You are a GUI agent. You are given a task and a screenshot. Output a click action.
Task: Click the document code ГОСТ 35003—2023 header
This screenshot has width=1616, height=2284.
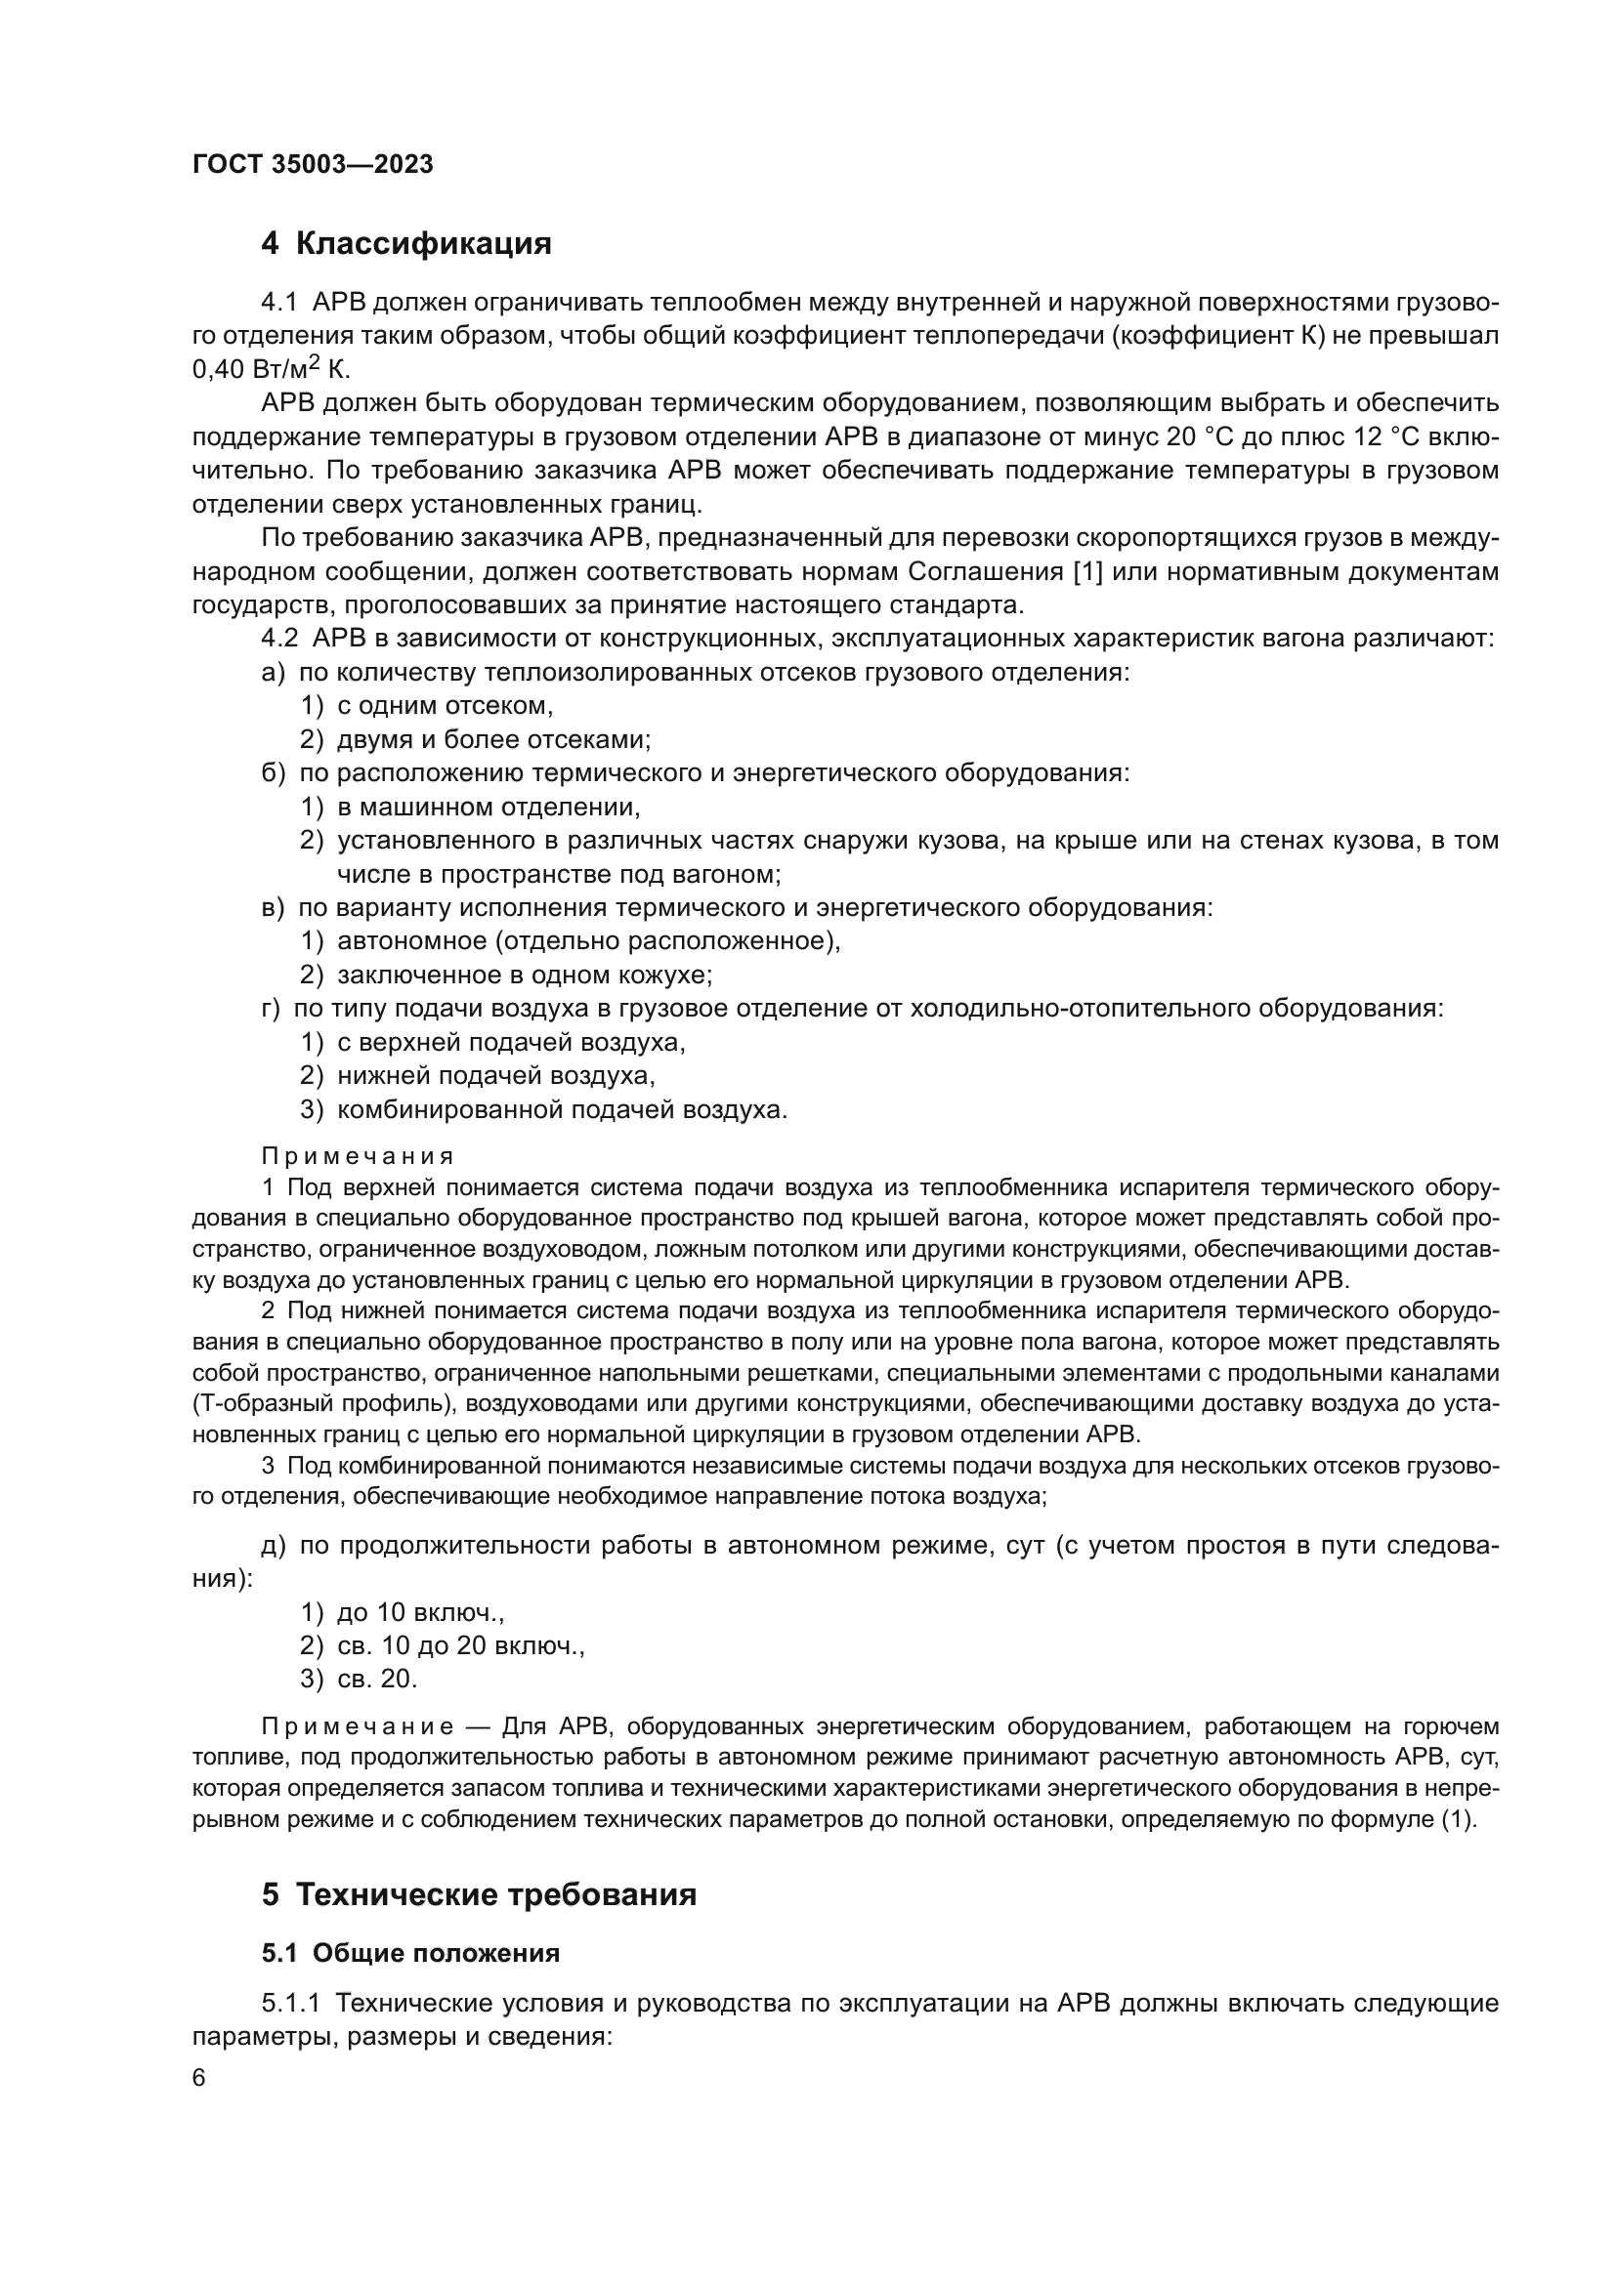coord(313,165)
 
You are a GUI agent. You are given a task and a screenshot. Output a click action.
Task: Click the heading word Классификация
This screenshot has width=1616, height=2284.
coord(423,243)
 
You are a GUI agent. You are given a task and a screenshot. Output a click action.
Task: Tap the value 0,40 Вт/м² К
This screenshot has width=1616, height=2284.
coord(271,370)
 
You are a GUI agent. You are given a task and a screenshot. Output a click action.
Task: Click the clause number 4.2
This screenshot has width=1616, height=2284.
coord(279,639)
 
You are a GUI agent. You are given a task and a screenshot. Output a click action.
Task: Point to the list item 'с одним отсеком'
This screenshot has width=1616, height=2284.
coord(445,706)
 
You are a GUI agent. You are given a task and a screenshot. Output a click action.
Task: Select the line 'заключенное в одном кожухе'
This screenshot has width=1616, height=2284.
coord(525,975)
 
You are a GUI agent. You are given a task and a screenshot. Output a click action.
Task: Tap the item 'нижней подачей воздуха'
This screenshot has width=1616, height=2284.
coord(495,1075)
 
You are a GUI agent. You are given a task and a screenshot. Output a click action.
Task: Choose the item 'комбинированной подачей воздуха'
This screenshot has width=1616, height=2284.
coord(561,1109)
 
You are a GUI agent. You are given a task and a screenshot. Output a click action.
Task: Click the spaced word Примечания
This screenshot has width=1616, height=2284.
coord(359,1156)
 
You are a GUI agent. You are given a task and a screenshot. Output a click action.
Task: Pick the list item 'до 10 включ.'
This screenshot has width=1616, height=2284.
coord(420,1611)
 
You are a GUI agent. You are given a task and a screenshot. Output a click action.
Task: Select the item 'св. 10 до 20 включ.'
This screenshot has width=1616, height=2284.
coord(460,1645)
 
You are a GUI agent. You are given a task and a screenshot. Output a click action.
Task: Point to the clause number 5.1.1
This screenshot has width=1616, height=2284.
coord(291,2004)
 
